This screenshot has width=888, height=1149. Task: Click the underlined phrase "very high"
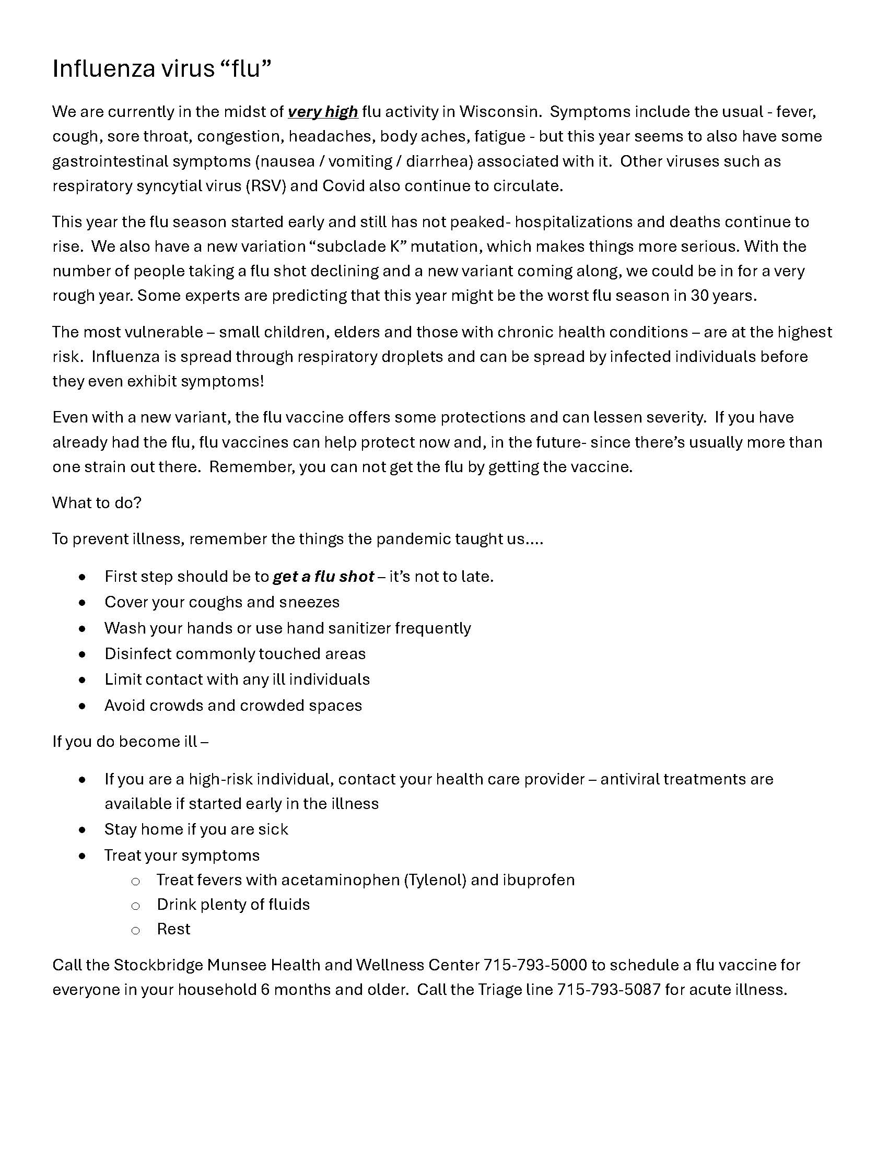322,112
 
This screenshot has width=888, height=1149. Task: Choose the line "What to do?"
97,503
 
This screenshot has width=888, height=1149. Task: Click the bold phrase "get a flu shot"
323,577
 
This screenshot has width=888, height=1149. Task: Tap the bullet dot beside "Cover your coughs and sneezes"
82,602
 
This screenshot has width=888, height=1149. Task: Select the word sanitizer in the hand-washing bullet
359,628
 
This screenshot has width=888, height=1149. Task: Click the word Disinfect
138,654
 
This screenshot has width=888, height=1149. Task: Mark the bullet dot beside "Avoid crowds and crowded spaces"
82,706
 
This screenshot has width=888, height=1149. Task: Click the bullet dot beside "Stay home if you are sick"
82,830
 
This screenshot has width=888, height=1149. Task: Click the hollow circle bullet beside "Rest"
135,931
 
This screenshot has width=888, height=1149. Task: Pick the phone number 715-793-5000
534,965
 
